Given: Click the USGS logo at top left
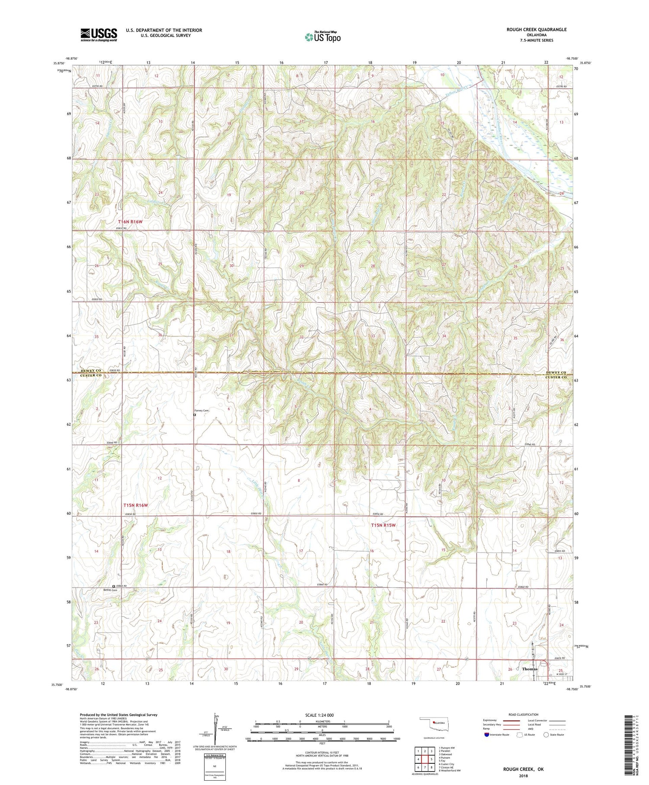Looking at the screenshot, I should tap(99, 35).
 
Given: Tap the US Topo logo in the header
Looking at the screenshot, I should tap(322, 37).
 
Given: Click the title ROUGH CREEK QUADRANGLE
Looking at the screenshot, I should tap(537, 29).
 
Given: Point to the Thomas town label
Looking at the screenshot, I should tap(530, 669).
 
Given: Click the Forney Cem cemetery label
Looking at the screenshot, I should tap(201, 411).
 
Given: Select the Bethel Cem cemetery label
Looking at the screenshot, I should tap(110, 590).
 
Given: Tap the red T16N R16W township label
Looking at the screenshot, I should tap(130, 222).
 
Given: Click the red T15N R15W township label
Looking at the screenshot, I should tap(383, 525).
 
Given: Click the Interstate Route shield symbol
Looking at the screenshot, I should tap(487, 735).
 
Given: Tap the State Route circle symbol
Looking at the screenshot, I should tap(546, 735).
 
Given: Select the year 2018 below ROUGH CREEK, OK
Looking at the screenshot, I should tap(523, 775).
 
